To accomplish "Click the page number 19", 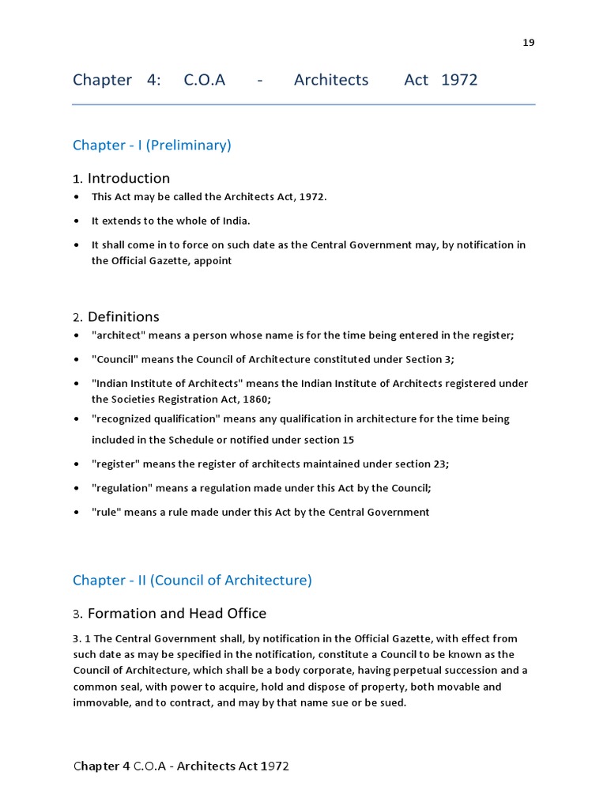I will [x=529, y=43].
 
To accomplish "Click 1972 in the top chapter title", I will [x=459, y=80].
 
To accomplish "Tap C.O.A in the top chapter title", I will [x=204, y=80].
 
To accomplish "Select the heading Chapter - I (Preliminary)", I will [x=152, y=145].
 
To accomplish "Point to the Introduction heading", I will [x=128, y=178].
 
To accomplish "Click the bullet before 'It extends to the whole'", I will [x=76, y=221].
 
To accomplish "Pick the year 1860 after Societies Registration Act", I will [x=255, y=399].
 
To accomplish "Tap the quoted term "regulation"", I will [x=122, y=488].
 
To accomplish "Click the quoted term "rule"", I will [x=107, y=512].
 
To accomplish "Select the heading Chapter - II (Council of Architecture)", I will [x=192, y=580].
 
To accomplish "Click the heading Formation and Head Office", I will [x=176, y=614].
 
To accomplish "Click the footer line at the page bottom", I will [x=181, y=766].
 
